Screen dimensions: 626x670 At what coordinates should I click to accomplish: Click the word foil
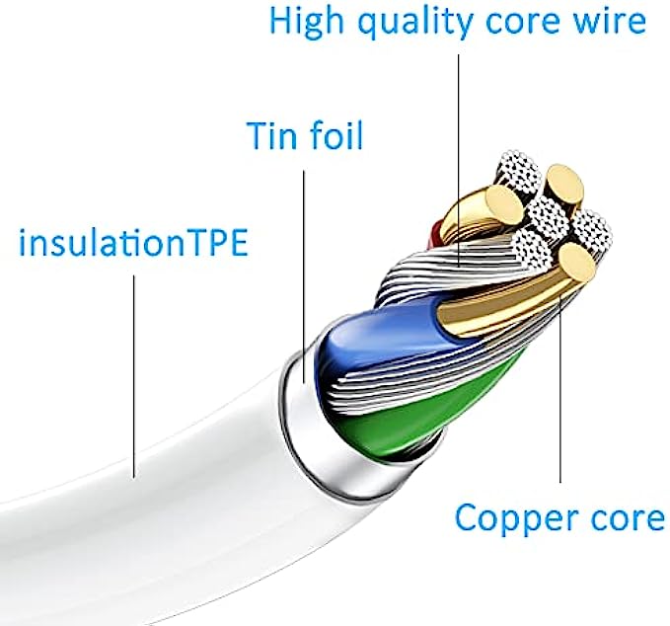pos(337,135)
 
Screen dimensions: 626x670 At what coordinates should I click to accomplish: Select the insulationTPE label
pos(133,243)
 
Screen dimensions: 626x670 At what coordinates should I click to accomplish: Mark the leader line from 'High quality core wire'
pos(460,148)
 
